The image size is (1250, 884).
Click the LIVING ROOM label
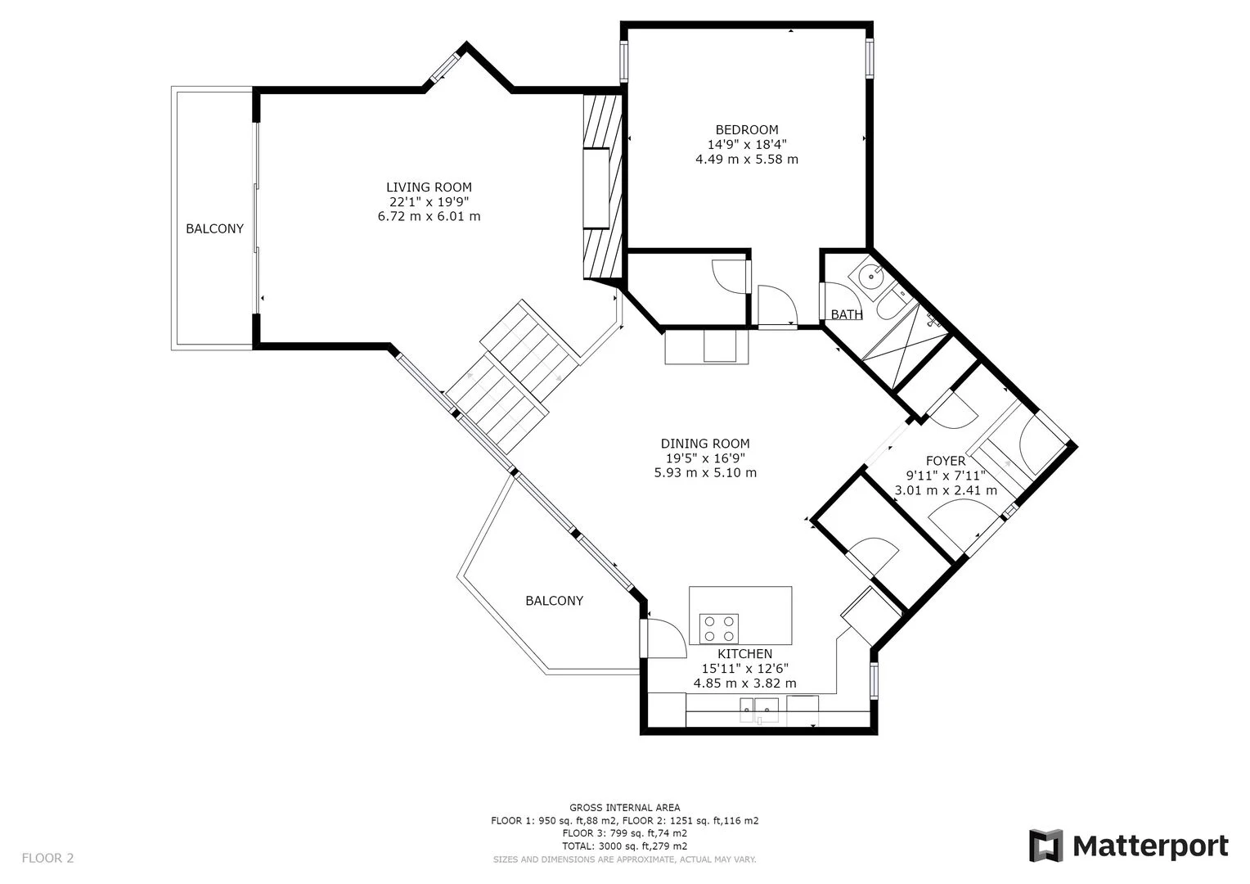click(429, 187)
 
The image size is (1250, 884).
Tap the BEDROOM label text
click(746, 129)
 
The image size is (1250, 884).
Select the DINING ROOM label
click(705, 444)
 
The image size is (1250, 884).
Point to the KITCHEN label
click(744, 654)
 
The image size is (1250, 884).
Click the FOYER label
click(945, 461)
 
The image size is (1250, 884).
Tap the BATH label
click(846, 314)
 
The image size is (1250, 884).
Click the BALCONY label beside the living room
click(214, 229)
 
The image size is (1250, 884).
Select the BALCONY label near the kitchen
click(554, 601)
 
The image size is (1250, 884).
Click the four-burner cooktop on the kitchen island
click(719, 629)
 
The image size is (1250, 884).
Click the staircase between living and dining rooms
click(514, 377)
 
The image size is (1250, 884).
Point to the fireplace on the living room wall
click(597, 188)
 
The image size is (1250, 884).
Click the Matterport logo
click(1128, 846)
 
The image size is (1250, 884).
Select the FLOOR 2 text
click(47, 859)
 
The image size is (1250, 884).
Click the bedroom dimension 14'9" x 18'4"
click(746, 144)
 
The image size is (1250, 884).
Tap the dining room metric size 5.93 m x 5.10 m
click(705, 473)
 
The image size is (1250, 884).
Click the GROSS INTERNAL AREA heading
click(624, 808)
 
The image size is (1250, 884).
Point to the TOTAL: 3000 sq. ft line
click(624, 846)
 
